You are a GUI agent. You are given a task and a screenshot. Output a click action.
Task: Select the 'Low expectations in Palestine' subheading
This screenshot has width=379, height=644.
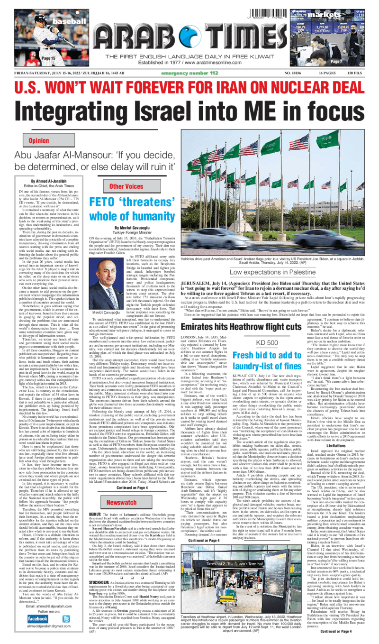pyautogui.click(x=272, y=272)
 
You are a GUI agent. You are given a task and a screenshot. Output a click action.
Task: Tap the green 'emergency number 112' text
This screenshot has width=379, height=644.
pyautogui.click(x=189, y=73)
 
